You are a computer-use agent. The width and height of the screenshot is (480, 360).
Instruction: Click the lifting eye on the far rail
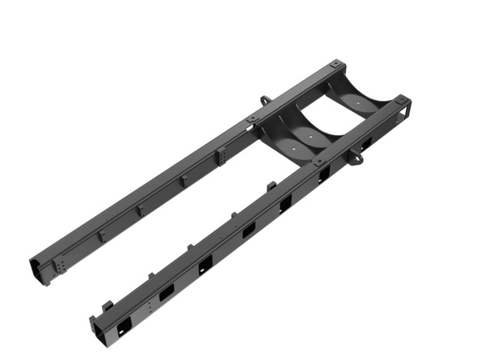(x=265, y=100)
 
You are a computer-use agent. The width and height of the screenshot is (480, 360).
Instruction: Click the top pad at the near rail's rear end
(x=405, y=99)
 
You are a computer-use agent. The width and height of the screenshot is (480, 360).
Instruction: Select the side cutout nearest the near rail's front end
(x=124, y=324)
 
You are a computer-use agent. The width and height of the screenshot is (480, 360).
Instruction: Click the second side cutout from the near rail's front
(x=166, y=292)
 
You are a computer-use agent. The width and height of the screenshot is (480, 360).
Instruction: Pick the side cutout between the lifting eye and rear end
(x=366, y=143)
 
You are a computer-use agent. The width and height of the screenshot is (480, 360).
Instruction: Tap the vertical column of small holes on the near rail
(x=149, y=307)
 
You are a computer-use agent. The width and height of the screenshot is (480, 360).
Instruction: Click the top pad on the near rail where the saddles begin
(x=317, y=161)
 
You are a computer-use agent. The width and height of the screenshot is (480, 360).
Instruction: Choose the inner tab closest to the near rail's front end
(x=109, y=305)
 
